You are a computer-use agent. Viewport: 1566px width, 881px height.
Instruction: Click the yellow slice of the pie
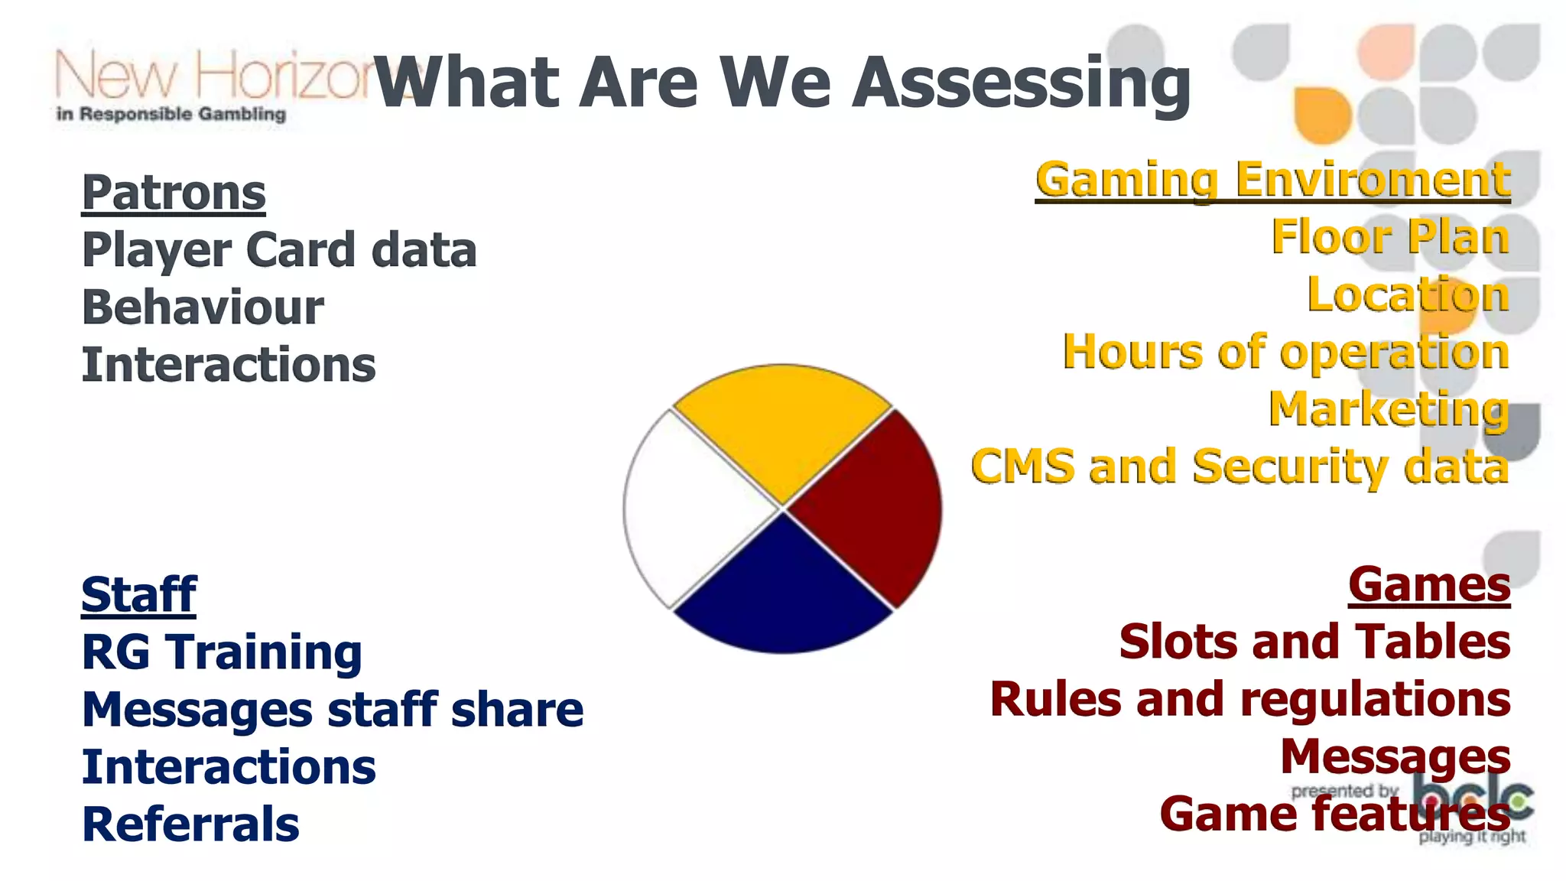coord(781,428)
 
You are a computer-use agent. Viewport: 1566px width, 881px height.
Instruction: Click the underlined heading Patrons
coord(174,193)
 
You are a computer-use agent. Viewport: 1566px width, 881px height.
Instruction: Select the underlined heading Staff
coord(138,594)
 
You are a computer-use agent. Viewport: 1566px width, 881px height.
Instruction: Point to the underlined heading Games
coord(1429,585)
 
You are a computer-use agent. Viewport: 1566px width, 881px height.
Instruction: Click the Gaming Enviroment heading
coord(1272,180)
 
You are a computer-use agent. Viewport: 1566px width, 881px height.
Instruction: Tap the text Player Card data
coord(279,250)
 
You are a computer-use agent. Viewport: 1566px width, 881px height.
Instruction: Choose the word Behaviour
coord(203,307)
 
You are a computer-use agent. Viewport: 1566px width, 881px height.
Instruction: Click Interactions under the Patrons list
coord(229,365)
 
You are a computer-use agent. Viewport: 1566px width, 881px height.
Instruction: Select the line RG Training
coord(222,652)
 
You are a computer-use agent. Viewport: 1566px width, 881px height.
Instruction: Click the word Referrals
coord(190,824)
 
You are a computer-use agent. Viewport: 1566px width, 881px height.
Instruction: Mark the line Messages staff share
coord(333,710)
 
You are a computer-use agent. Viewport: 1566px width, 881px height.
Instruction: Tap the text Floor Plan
coord(1389,237)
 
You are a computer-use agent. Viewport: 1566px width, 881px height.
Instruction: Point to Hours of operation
coord(1285,352)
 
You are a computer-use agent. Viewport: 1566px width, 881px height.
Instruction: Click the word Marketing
coord(1389,409)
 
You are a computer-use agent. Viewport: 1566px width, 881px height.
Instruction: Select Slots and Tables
coord(1314,642)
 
